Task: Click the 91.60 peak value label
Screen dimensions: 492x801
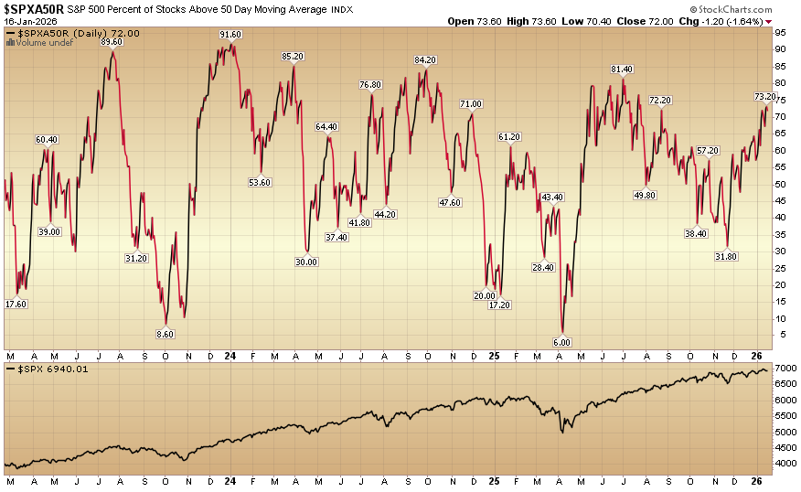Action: pos(230,35)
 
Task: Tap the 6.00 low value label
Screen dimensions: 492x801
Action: pos(562,342)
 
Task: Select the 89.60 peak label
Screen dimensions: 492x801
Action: pos(112,42)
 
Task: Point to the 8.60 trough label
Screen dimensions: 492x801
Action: pos(166,335)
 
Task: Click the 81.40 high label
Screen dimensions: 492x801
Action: pos(622,70)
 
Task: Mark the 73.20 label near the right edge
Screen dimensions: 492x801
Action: pos(765,96)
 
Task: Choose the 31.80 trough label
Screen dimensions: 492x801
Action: pos(726,256)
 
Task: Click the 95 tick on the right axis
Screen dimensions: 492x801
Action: pos(782,32)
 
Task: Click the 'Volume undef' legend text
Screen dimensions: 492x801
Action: pos(45,42)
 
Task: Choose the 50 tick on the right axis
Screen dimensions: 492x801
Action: pos(782,184)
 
